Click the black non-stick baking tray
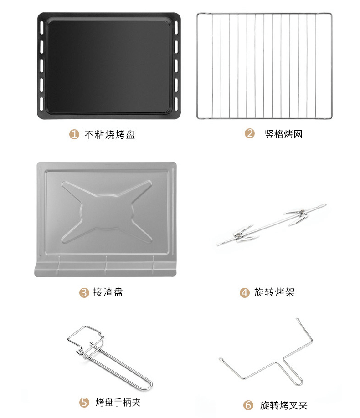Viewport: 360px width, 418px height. tap(109, 66)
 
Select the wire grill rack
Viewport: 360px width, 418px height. tap(264, 66)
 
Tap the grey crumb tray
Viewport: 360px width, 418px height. tap(106, 219)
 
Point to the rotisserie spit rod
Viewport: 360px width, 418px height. tap(272, 224)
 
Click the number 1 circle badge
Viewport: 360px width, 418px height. tap(74, 134)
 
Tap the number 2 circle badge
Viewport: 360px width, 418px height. tap(250, 133)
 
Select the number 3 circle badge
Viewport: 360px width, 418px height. tap(84, 293)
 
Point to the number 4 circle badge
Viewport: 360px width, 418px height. tap(244, 293)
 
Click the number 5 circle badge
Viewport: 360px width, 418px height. tap(84, 402)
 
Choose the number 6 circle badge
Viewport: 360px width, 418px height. tap(248, 405)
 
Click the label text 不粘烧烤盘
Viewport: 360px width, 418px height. tap(110, 134)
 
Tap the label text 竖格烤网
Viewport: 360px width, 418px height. tap(283, 134)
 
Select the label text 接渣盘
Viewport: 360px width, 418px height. tap(108, 292)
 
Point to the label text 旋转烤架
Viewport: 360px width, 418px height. tap(274, 292)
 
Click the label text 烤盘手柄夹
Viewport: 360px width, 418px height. tap(118, 402)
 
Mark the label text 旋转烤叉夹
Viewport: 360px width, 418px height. tap(284, 405)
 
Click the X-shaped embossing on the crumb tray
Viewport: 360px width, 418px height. tap(107, 212)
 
